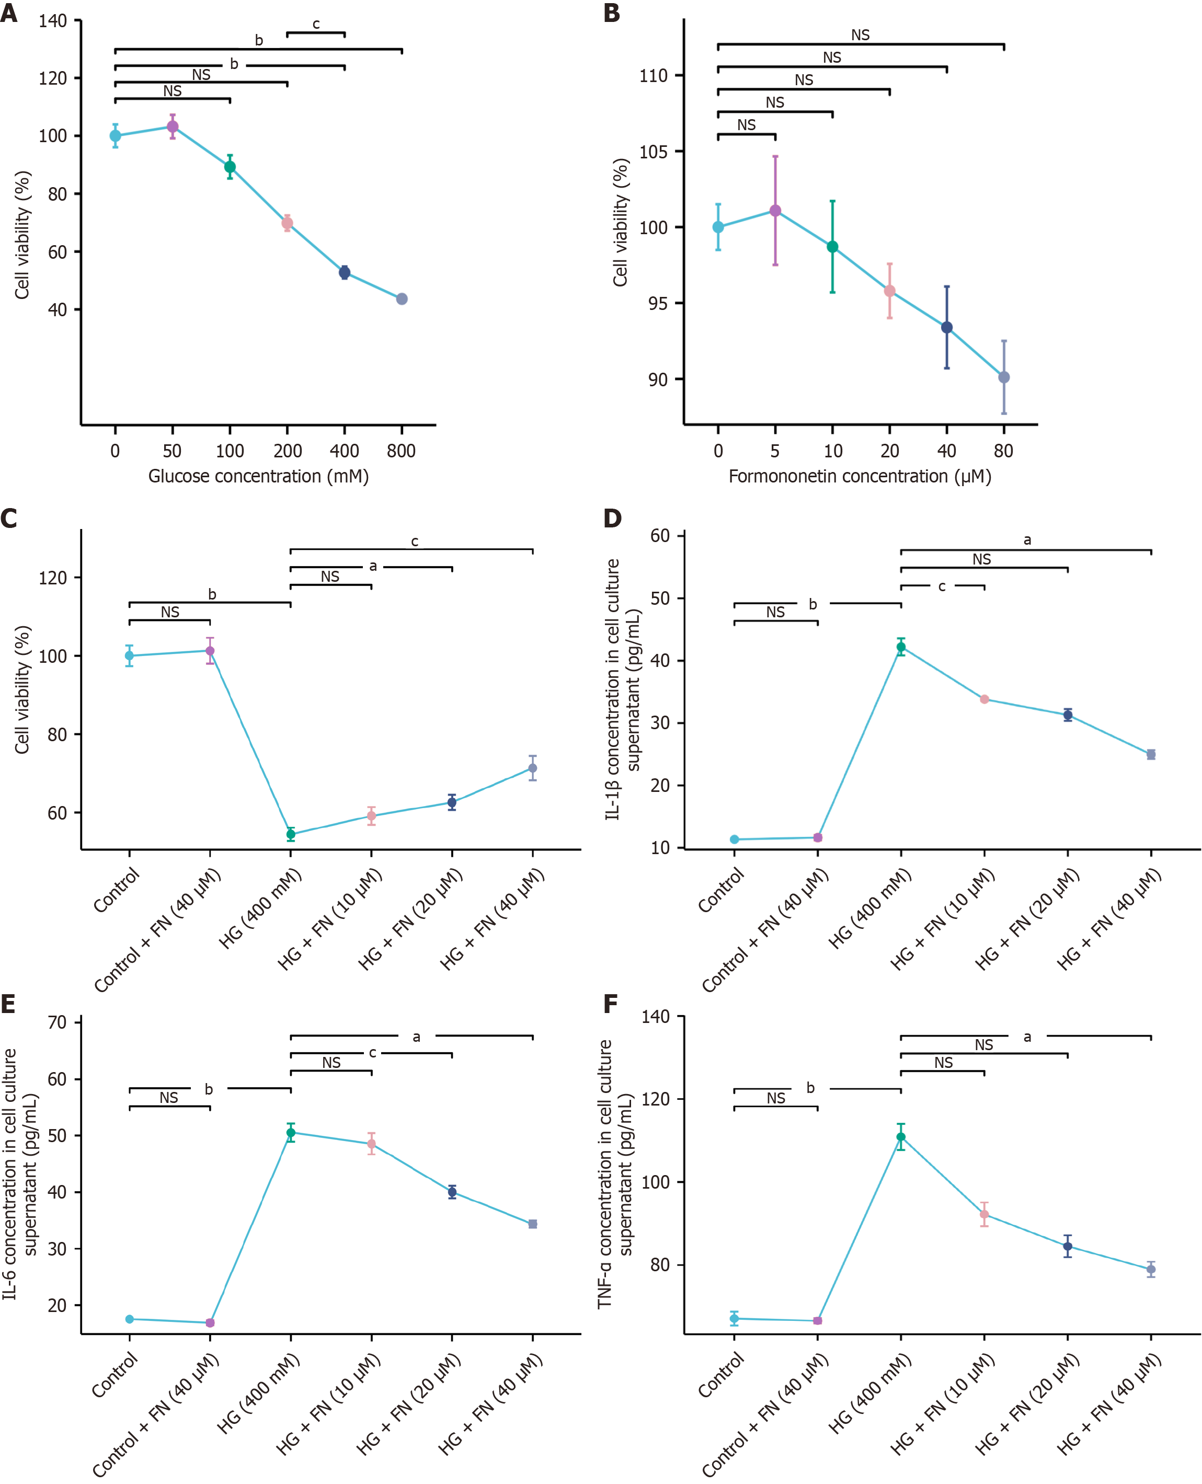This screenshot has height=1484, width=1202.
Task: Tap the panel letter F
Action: pyautogui.click(x=610, y=1004)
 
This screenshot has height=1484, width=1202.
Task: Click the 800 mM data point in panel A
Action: pyautogui.click(x=402, y=299)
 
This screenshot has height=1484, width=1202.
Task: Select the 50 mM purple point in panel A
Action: pyautogui.click(x=173, y=126)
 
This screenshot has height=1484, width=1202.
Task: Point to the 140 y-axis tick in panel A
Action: pyautogui.click(x=53, y=21)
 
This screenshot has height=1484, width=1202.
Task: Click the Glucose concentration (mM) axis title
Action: pyautogui.click(x=258, y=476)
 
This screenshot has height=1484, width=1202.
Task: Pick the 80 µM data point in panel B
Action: pyautogui.click(x=1004, y=377)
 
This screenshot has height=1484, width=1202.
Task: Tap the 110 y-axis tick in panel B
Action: pyautogui.click(x=654, y=75)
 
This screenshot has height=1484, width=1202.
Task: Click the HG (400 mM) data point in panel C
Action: pyautogui.click(x=291, y=834)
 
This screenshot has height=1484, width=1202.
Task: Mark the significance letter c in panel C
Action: pyautogui.click(x=415, y=541)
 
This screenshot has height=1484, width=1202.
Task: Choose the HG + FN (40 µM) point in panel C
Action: pyautogui.click(x=532, y=768)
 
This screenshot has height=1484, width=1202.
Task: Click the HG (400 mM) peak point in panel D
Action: pyautogui.click(x=901, y=647)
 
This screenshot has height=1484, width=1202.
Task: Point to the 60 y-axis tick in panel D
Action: pyautogui.click(x=660, y=536)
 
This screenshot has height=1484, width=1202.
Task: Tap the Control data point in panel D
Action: pyautogui.click(x=735, y=839)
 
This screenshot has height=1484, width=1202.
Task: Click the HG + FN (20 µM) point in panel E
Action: pyautogui.click(x=452, y=1192)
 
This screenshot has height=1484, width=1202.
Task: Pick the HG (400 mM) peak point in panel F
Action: pyautogui.click(x=901, y=1136)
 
